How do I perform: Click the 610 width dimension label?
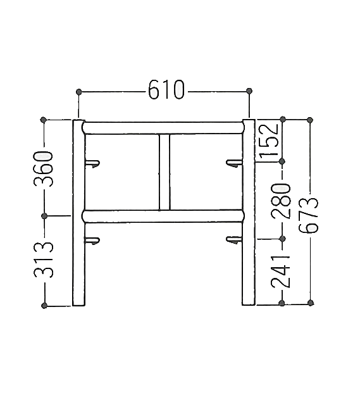166,89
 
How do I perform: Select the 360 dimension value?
43,169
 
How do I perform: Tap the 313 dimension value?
44,260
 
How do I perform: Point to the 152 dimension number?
270,139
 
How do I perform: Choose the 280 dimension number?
281,201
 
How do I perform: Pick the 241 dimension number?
280,272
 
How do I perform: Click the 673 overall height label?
309,215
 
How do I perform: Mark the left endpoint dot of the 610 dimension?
78,92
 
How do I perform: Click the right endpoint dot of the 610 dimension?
249,91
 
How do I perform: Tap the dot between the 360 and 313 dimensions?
44,216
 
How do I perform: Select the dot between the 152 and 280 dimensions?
282,161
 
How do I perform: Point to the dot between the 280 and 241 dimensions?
282,239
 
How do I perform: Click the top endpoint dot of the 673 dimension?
310,120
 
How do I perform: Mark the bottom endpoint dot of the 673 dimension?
311,303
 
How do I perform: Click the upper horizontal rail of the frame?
163,128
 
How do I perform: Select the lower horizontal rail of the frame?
163,216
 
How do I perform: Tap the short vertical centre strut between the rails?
164,172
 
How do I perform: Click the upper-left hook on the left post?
92,163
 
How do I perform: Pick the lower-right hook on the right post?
234,239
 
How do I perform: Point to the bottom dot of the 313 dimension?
44,306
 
